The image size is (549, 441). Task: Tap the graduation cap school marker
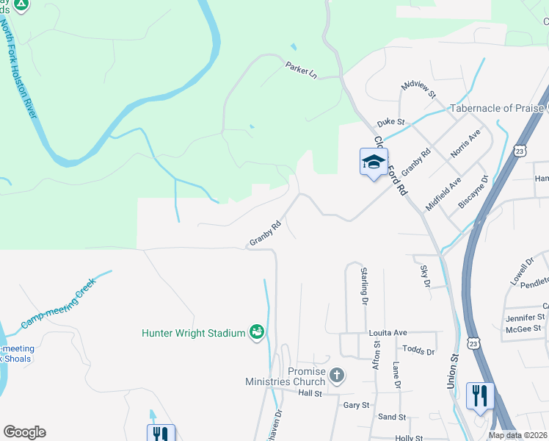374,162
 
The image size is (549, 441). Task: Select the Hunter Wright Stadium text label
193,333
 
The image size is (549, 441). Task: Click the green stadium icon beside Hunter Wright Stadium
256,333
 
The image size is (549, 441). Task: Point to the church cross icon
337,376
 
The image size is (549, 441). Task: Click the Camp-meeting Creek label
58,303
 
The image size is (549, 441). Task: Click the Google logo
24,432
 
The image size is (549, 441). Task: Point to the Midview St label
418,91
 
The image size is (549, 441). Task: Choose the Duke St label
390,122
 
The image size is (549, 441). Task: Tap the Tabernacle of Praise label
496,108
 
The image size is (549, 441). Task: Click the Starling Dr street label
363,286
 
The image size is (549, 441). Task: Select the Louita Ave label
388,332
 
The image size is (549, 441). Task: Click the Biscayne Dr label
473,191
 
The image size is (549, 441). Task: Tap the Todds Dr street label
419,351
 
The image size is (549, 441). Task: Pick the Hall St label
310,394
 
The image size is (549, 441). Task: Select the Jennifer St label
525,317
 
